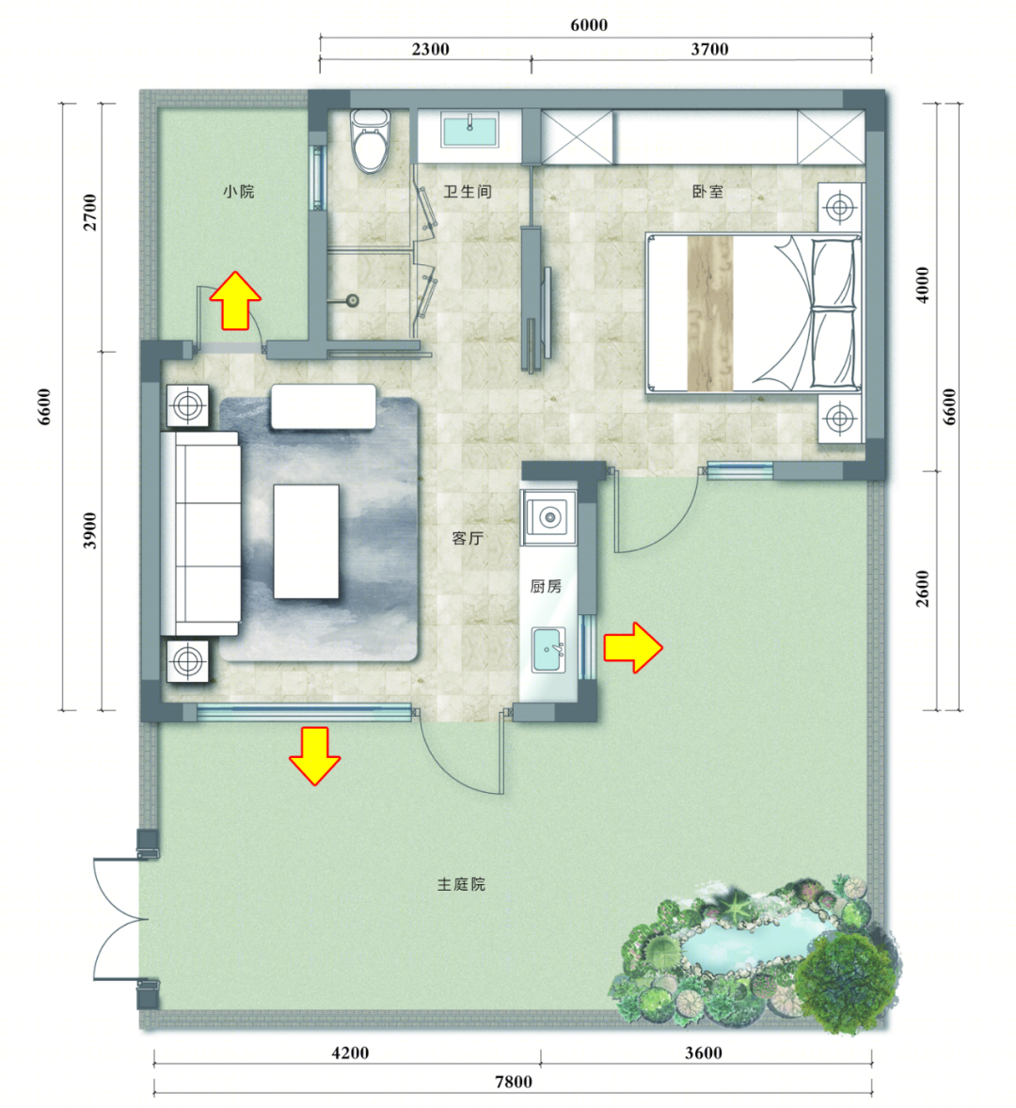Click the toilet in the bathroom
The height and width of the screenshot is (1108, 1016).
371,140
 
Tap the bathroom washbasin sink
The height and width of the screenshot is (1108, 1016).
469,129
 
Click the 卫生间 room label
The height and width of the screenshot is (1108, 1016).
467,192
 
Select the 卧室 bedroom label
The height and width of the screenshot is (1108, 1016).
707,192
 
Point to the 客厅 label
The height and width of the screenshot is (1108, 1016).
468,538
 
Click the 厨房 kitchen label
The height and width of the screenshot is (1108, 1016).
547,586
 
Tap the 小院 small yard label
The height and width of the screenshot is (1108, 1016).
239,192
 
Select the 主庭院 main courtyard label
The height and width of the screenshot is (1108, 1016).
461,884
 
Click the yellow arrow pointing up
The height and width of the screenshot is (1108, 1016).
235,301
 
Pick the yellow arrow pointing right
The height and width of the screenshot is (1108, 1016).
633,647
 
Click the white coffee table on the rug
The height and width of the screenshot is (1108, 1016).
306,541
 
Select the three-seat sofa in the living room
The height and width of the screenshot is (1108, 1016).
200,533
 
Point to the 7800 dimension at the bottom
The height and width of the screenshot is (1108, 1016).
514,1082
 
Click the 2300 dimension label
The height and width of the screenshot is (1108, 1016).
430,49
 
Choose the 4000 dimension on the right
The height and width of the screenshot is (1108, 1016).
922,285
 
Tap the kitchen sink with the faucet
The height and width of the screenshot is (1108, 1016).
548,649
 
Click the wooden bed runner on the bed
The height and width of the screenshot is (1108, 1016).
710,313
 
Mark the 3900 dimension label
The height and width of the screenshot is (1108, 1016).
89,530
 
